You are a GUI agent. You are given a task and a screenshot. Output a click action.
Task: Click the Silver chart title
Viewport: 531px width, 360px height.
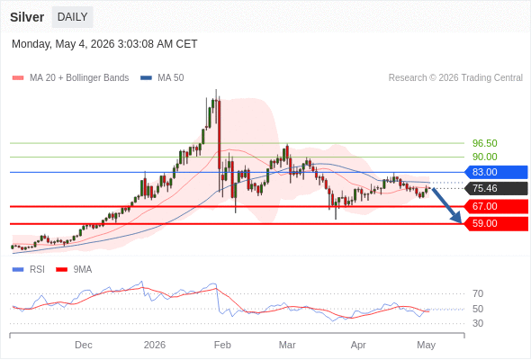pos(27,17)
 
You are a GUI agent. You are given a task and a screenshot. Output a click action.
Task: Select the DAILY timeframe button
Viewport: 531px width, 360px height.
pos(73,17)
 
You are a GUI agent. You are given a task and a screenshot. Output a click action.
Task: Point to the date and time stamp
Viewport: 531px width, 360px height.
pos(104,44)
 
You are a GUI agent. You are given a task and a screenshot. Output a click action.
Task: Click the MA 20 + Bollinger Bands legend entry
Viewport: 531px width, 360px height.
pos(70,78)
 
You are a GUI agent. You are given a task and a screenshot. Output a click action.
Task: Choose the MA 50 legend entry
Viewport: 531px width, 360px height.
pos(162,78)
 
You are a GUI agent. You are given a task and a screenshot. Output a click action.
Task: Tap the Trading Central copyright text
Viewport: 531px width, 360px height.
pos(455,78)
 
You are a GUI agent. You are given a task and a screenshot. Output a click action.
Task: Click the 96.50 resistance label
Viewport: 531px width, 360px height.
pos(484,143)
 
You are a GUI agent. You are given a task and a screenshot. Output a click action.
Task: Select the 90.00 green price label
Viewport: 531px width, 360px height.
pos(484,157)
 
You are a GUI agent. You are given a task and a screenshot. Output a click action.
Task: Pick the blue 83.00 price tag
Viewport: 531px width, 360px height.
pos(496,172)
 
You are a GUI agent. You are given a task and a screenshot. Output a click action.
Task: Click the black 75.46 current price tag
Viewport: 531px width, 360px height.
pos(496,188)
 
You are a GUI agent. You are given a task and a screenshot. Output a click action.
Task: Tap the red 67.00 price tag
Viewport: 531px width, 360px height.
pos(496,206)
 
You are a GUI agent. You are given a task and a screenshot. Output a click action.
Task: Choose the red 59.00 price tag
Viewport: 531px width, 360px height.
pos(496,223)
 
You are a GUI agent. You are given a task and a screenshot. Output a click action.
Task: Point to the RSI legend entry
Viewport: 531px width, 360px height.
pos(29,270)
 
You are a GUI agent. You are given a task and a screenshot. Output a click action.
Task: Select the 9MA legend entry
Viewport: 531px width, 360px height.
pos(74,270)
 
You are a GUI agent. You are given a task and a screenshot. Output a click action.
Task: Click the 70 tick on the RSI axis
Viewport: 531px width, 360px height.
pos(478,293)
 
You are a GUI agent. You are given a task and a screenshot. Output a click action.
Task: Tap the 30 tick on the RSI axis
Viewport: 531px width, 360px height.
pos(478,323)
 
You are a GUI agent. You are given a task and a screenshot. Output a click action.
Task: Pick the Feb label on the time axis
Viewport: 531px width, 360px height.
pos(222,345)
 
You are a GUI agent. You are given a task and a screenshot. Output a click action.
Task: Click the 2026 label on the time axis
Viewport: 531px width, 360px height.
pos(155,345)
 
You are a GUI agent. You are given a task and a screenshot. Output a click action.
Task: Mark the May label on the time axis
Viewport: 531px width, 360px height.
pos(426,346)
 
